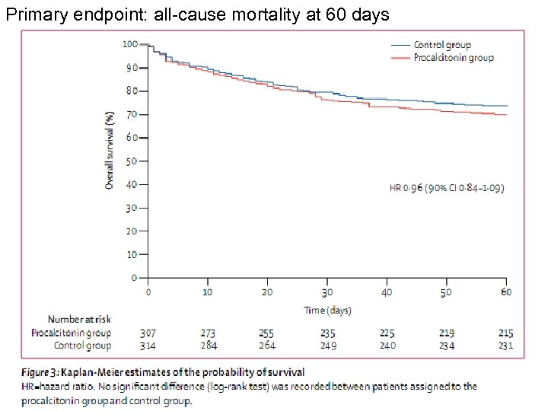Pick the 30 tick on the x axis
[327, 292]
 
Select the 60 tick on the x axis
[506, 292]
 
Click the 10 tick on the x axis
[207, 292]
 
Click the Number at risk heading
[79, 320]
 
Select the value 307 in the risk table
[148, 333]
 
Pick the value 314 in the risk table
[148, 346]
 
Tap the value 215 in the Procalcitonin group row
[505, 333]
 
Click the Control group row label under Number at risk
[81, 346]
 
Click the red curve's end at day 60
[505, 115]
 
